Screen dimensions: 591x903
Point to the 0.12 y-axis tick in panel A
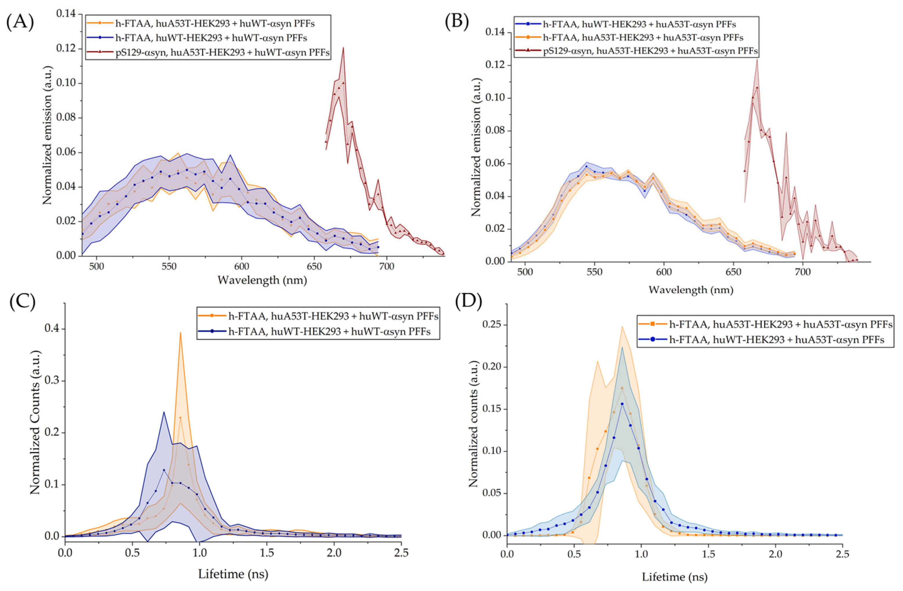click(69, 49)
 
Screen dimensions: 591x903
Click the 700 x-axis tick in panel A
click(387, 266)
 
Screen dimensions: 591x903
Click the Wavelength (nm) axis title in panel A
click(262, 280)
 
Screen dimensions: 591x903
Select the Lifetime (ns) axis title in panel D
click(675, 577)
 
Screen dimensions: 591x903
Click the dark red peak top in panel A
click(343, 48)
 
